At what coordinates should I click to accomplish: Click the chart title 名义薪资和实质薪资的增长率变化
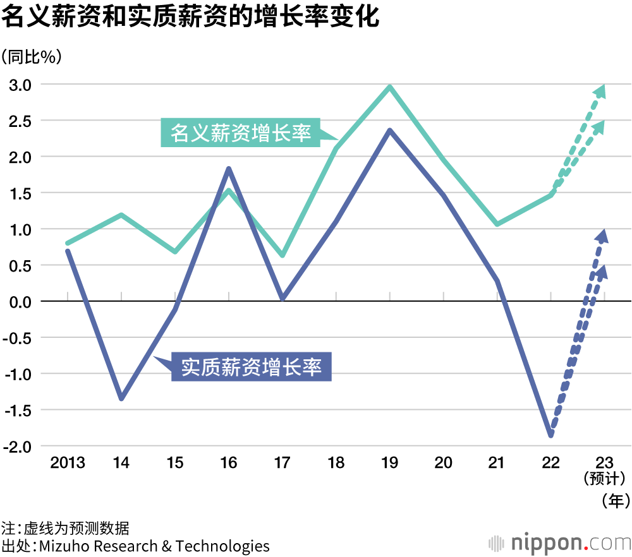(x=190, y=17)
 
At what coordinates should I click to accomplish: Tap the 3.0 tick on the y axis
(x=19, y=84)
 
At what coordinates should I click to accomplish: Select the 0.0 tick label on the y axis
(x=19, y=301)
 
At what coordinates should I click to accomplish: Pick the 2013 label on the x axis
(x=68, y=463)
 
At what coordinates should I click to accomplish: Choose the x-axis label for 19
(x=390, y=463)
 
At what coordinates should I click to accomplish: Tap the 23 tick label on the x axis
(x=605, y=463)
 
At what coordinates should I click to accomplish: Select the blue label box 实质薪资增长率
(x=252, y=367)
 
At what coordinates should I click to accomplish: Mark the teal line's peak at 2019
(x=390, y=87)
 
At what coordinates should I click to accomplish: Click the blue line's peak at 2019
(x=390, y=130)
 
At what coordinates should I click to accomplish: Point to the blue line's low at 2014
(x=121, y=398)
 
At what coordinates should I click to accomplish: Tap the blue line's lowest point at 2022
(x=551, y=435)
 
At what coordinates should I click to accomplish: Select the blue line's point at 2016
(x=229, y=168)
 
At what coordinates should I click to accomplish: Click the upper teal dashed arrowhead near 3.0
(x=601, y=91)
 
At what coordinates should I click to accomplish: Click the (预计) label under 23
(x=605, y=480)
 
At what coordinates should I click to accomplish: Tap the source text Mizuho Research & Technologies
(x=154, y=546)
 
